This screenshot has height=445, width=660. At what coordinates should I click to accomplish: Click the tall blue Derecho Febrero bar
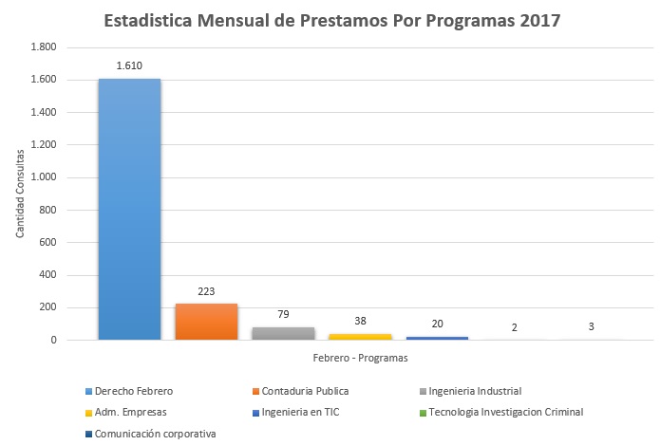tap(129, 209)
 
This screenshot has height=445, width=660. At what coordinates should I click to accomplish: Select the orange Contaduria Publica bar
tap(206, 322)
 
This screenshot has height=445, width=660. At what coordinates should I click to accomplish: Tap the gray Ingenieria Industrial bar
tap(283, 333)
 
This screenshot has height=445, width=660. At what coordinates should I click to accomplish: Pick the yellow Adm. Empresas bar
tap(360, 336)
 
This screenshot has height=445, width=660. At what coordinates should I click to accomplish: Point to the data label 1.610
tap(129, 65)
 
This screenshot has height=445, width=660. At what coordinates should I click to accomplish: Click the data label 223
tap(206, 291)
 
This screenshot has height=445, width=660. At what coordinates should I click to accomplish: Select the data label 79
tap(283, 314)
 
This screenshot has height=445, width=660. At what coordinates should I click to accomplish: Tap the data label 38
tap(360, 321)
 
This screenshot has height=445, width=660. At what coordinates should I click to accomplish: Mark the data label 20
tap(437, 324)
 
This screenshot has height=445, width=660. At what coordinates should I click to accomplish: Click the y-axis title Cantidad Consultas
tap(20, 194)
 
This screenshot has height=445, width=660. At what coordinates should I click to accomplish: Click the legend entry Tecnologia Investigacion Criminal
tap(505, 412)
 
